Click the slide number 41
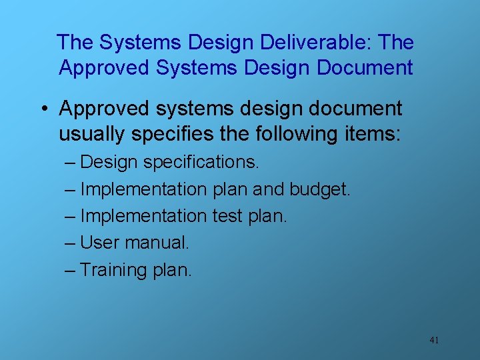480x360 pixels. (434, 340)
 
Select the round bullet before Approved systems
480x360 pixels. (45, 109)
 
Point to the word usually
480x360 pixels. (92, 134)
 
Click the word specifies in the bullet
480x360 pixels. (174, 134)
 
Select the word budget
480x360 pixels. (319, 189)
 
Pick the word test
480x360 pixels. (229, 216)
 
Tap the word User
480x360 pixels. (99, 243)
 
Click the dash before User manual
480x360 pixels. (70, 243)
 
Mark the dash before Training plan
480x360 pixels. (70, 270)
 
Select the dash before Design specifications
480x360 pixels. (70, 163)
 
